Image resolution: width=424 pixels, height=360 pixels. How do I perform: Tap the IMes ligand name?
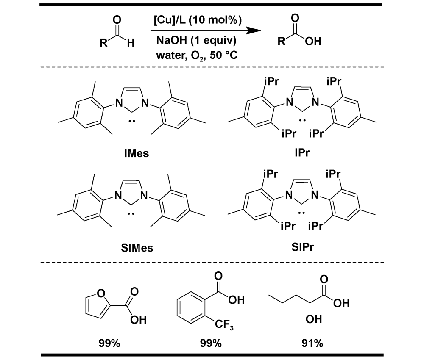coord(137,152)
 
